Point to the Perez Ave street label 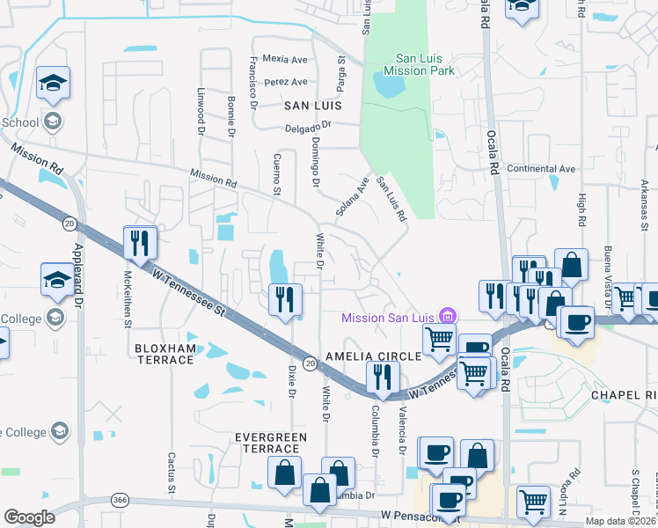[x=287, y=82]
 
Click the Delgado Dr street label [x=307, y=127]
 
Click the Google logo [x=29, y=517]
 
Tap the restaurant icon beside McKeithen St [x=139, y=243]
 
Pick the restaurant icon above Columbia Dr [x=382, y=378]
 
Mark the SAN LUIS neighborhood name [x=311, y=105]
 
